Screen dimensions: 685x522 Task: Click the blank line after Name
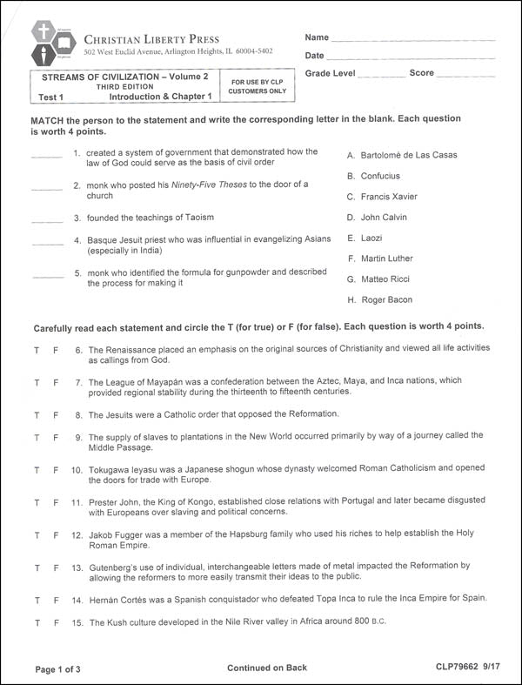(x=412, y=39)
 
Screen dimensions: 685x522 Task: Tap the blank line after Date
(x=412, y=57)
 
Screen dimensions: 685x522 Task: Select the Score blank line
(x=466, y=76)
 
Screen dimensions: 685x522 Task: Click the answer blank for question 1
(x=47, y=156)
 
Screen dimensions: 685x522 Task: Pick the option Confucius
(x=380, y=176)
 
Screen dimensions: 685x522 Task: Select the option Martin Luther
(x=386, y=259)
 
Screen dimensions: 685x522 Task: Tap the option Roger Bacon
(x=386, y=300)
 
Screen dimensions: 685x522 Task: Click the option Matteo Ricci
(x=386, y=279)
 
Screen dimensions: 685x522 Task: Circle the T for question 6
(x=37, y=349)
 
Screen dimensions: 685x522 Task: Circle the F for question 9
(x=56, y=436)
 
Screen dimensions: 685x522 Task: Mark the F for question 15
(x=56, y=621)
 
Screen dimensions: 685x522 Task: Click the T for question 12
(x=37, y=534)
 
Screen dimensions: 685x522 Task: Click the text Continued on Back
(x=267, y=668)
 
